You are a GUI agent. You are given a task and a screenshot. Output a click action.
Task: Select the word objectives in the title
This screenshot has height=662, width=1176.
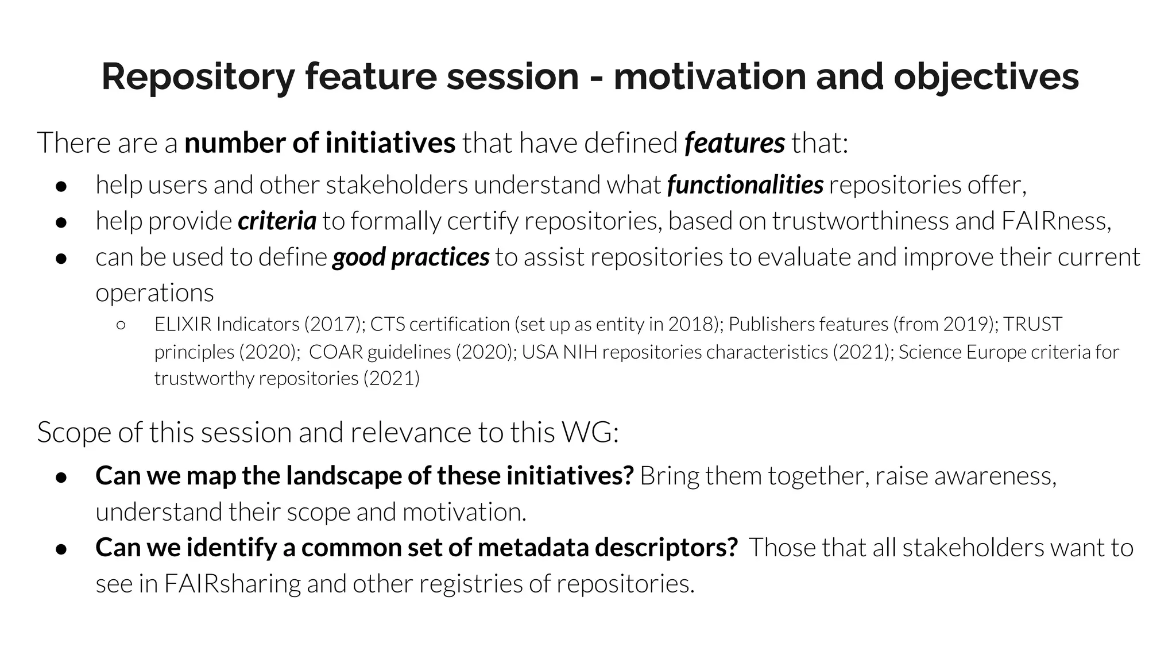point(986,77)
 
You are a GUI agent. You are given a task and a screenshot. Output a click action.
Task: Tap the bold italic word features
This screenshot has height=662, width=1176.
point(734,143)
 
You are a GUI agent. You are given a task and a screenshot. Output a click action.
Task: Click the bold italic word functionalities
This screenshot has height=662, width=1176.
point(745,185)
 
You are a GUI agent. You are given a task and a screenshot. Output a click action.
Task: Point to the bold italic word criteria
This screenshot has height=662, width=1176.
point(277,221)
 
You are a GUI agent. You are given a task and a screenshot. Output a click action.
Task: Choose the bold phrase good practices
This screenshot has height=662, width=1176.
point(411,257)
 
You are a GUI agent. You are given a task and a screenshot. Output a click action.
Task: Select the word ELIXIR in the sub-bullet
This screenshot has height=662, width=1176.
point(183,325)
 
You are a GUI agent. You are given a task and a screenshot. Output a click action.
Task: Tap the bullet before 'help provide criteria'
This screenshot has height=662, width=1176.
point(61,222)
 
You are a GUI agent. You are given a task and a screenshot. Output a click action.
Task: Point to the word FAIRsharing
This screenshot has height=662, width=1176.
point(232,584)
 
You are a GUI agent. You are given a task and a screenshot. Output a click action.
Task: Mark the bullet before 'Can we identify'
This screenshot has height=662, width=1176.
point(61,549)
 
